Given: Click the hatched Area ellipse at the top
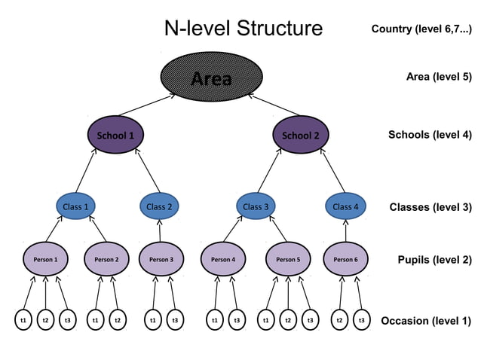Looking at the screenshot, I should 212,78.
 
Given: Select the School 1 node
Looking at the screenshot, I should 115,136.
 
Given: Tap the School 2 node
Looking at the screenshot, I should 301,136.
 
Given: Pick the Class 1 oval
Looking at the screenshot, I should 76,206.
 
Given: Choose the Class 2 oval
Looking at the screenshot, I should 159,206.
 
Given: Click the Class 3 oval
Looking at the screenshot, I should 256,206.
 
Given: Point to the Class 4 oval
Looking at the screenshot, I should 346,206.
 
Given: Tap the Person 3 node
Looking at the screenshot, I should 161,260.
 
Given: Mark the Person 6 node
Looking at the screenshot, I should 345,260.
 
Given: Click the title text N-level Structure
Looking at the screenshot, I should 243,29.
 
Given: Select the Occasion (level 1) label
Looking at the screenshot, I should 426,321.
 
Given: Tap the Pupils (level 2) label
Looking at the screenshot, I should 434,261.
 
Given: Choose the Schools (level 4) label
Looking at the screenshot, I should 429,136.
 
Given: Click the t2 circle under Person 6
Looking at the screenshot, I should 341,321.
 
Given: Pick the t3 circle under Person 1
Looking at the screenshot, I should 68,321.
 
